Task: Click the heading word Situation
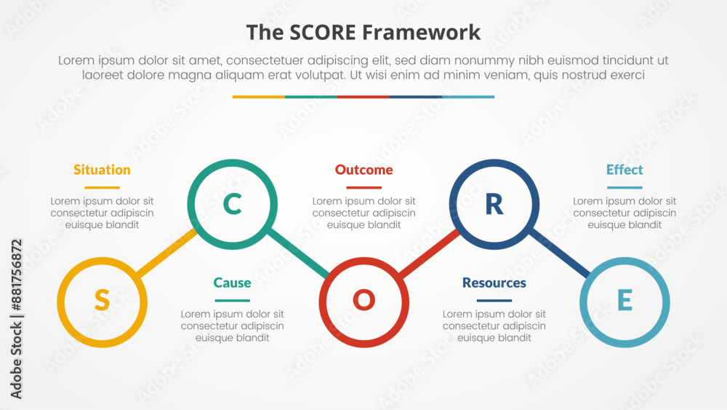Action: pos(102,170)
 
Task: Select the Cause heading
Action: pos(233,283)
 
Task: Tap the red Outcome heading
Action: pos(364,170)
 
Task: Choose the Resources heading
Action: pos(494,283)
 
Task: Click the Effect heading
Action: pos(624,170)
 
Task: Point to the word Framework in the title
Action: pos(421,33)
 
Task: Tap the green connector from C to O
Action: pos(298,253)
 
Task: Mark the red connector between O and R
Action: pos(429,253)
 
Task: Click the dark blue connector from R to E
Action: pos(560,253)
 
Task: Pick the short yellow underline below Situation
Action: pos(102,188)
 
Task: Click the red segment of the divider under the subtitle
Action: pos(363,97)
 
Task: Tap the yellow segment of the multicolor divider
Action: pos(259,97)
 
